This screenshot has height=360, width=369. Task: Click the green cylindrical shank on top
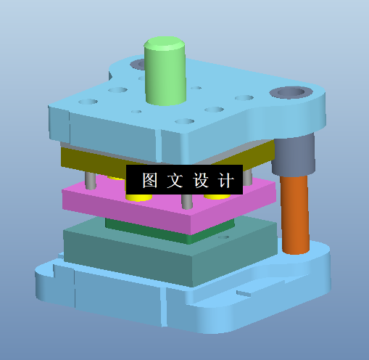point(165,71)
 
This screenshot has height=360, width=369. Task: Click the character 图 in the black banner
point(150,181)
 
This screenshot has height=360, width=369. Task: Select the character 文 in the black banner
point(175,181)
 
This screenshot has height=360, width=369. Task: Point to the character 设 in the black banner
point(200,181)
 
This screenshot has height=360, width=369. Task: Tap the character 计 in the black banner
point(225,181)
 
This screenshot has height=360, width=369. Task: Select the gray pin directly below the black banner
point(187,201)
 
